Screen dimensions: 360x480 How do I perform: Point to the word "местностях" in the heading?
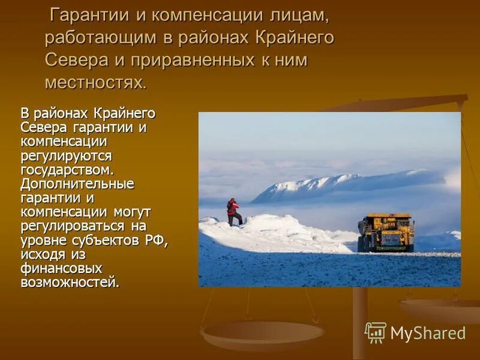click(95, 82)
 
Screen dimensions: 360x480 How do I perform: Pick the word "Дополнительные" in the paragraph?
click(77, 184)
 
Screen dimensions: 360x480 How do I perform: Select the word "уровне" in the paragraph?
click(43, 240)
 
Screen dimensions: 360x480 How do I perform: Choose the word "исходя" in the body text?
click(42, 254)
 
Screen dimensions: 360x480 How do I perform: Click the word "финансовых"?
click(61, 268)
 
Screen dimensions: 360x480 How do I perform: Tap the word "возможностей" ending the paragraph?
click(69, 281)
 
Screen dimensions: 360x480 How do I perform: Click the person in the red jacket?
click(233, 212)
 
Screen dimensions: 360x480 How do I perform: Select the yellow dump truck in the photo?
click(386, 232)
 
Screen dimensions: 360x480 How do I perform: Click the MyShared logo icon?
click(376, 332)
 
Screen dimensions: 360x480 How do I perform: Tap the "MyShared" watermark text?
click(428, 333)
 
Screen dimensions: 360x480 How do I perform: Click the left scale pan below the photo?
click(262, 332)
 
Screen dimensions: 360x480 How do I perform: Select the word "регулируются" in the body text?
click(66, 156)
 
